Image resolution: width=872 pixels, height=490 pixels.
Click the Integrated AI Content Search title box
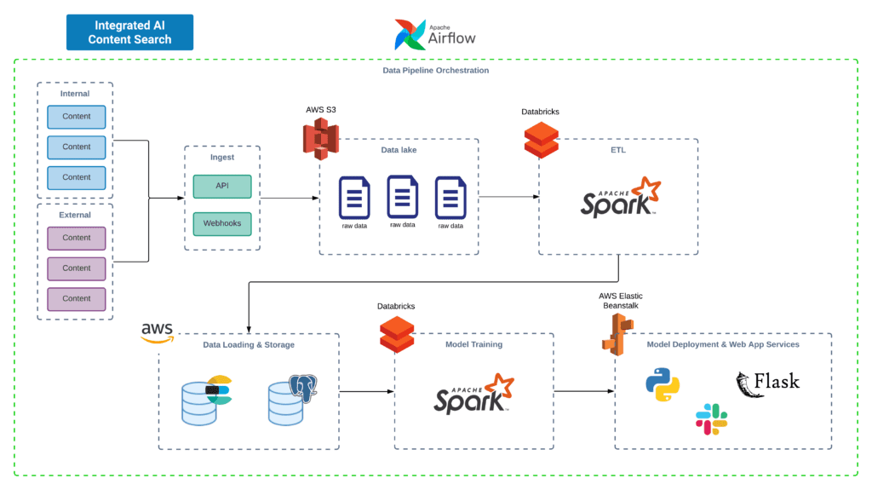tap(129, 32)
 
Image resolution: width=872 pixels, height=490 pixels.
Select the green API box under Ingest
tap(221, 186)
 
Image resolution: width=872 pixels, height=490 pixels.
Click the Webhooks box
tap(221, 224)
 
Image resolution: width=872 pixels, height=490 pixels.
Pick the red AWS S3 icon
tap(320, 138)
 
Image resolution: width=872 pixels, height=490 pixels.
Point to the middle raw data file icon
tap(403, 197)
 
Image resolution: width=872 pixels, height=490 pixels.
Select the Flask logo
tap(767, 381)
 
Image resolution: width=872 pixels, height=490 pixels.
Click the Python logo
tap(663, 383)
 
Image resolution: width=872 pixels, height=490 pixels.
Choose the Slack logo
tap(711, 418)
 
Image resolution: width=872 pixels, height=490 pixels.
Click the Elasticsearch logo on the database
tap(219, 389)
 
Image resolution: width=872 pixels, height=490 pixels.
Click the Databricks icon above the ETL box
tap(541, 140)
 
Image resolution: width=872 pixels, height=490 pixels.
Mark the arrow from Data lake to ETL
tap(508, 197)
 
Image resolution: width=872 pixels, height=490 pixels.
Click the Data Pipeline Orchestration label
tap(435, 70)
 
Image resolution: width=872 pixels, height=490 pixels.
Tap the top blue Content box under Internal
tap(76, 117)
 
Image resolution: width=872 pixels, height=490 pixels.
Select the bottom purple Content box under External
tap(76, 299)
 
